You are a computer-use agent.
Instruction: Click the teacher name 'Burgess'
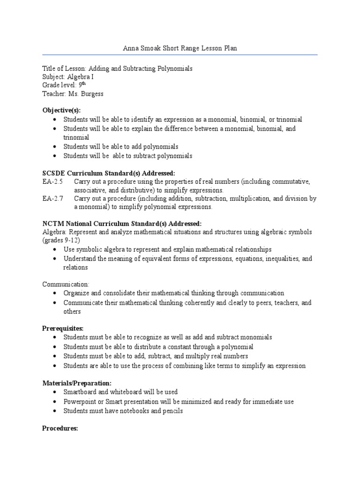91,93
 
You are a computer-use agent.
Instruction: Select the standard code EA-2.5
51,181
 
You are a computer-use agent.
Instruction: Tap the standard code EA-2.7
51,198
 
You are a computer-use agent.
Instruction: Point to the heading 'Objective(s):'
61,110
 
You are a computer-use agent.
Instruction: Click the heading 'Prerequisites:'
63,329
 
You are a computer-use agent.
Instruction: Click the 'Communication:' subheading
66,284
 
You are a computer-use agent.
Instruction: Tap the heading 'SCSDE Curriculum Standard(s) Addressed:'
109,173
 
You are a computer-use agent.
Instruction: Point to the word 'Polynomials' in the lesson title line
174,68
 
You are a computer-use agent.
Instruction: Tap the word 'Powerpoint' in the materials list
79,402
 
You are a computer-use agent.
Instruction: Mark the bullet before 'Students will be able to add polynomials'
55,147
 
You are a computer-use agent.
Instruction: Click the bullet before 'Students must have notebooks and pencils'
55,411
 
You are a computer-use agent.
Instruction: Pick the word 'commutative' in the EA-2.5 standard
291,181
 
